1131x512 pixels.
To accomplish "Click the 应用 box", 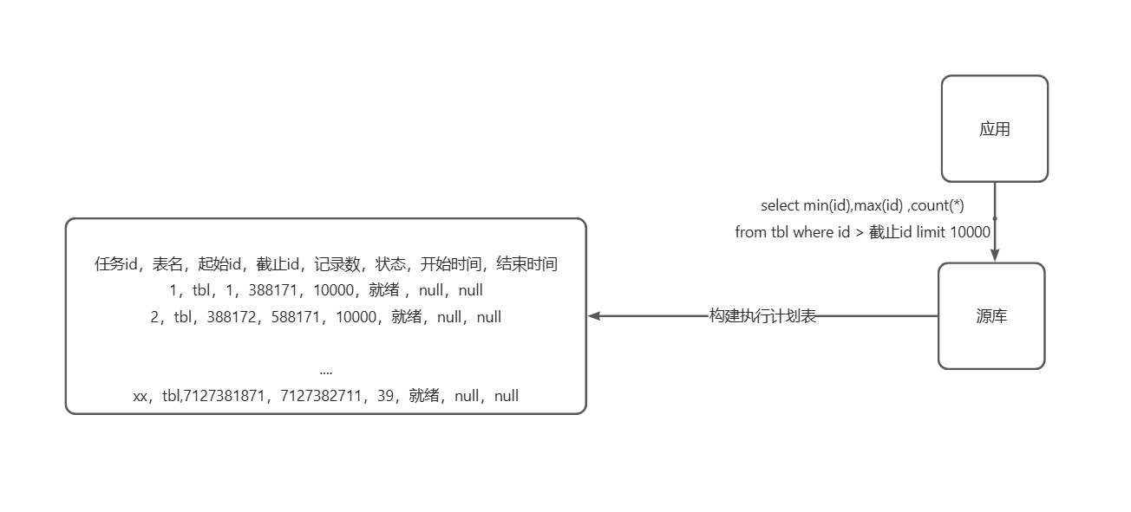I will (994, 129).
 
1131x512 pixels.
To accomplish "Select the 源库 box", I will (991, 316).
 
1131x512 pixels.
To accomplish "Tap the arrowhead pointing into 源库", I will (995, 253).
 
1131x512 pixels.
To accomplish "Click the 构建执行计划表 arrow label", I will (762, 316).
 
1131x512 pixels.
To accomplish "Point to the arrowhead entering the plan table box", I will (595, 316).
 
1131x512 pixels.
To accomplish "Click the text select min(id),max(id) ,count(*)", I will (862, 205).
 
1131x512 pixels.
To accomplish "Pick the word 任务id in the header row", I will (116, 264).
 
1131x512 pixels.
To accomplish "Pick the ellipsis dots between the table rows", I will (325, 371).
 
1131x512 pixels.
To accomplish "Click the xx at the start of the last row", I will (141, 396).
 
